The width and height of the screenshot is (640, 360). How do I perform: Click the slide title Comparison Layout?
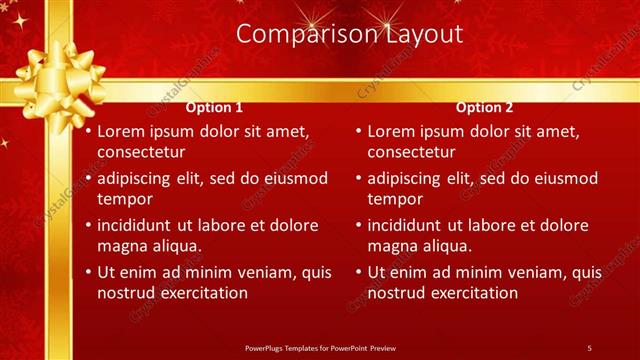[x=349, y=34]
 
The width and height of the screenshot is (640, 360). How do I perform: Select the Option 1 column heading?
[x=215, y=107]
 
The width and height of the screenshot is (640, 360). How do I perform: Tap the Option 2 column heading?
[x=485, y=107]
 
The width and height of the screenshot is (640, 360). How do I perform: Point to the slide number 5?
[x=589, y=347]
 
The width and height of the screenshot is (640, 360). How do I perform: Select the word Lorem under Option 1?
[x=121, y=131]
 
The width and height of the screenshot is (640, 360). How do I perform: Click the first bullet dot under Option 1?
[x=89, y=131]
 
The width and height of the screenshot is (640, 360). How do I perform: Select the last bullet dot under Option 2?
[x=359, y=272]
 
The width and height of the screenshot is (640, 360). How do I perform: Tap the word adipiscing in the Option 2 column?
[x=405, y=178]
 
